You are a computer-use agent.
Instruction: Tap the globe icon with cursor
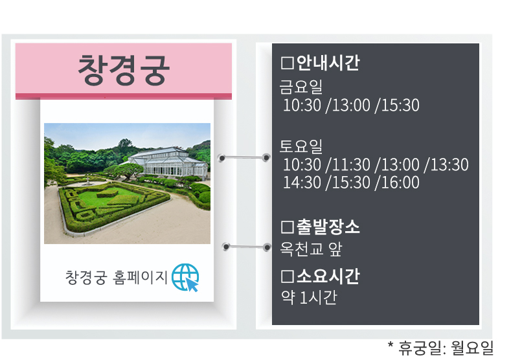pos(185,278)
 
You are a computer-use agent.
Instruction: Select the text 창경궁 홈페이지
pos(116,278)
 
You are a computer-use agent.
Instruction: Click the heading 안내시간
pos(328,63)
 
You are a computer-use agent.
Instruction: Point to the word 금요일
pos(301,87)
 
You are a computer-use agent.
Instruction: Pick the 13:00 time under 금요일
pos(351,105)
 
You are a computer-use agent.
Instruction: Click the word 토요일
pos(301,146)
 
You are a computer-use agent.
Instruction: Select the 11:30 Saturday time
pos(351,164)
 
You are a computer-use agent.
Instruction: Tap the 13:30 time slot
pos(449,164)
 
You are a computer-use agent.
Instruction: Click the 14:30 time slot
pos(302,183)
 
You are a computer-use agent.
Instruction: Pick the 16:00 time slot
pos(400,183)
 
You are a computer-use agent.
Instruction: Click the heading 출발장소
pos(328,227)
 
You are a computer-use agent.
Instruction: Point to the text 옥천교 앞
pos(311,249)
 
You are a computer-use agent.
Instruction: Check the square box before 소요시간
pos(288,277)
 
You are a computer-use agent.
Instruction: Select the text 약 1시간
pos(309,297)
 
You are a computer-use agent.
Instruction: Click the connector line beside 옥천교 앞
pos(246,247)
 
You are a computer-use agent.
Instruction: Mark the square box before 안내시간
pos(288,63)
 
